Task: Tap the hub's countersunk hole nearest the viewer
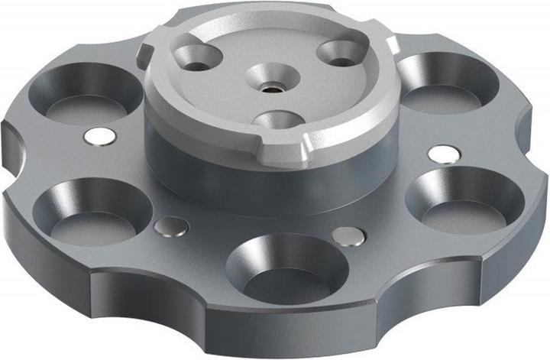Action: pyautogui.click(x=277, y=120)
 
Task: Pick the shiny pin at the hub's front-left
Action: pyautogui.click(x=171, y=226)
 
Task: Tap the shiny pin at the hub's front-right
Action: pyautogui.click(x=348, y=236)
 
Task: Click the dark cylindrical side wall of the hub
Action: pyautogui.click(x=229, y=176)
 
